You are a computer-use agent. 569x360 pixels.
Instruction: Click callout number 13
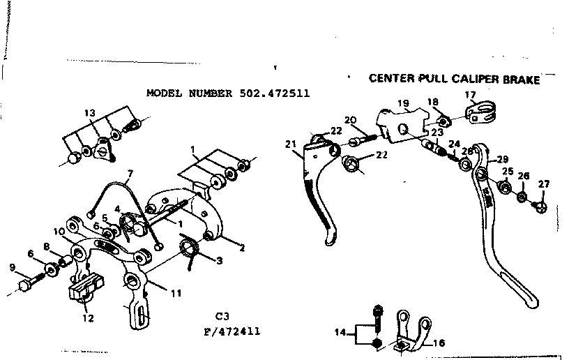point(89,113)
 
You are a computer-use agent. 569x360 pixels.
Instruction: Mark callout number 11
point(176,294)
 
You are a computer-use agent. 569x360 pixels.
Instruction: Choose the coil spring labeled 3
point(190,248)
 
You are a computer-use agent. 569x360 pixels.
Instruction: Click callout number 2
point(242,247)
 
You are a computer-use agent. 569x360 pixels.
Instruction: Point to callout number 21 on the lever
point(290,144)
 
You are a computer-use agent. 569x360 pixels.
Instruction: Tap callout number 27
point(543,184)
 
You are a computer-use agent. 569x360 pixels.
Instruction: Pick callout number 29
point(502,159)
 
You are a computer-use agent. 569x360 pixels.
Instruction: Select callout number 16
point(438,343)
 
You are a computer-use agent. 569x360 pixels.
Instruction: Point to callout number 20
point(350,119)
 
